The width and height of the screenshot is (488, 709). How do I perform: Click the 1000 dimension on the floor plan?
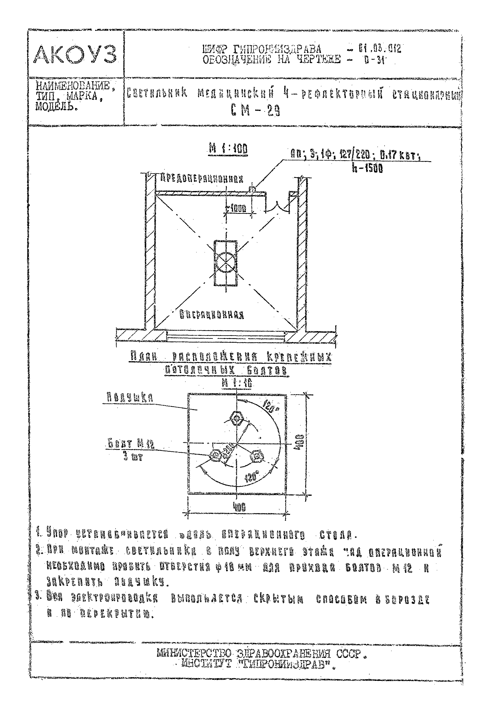(x=237, y=209)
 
